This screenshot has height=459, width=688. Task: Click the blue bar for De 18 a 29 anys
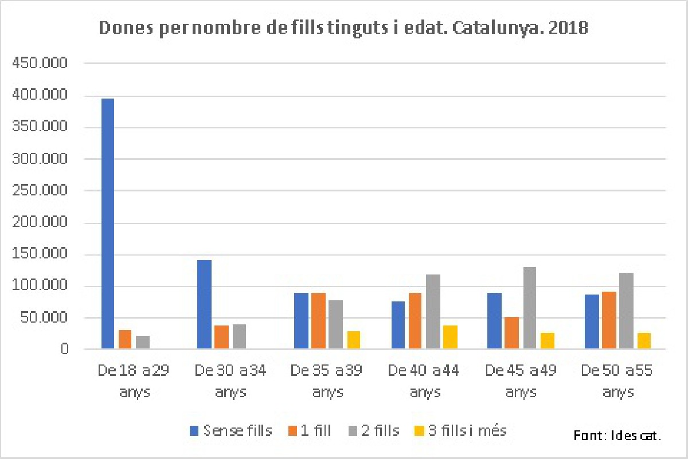(x=107, y=223)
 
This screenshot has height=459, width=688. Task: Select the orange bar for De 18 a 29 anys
(x=125, y=339)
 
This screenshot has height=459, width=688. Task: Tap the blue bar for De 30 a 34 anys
(x=204, y=304)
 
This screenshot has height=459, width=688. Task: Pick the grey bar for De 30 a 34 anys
(x=239, y=336)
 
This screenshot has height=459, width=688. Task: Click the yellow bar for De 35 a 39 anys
(x=353, y=340)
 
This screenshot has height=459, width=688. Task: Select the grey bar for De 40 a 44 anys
(x=433, y=312)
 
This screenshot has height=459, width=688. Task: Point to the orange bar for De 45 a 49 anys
(x=512, y=332)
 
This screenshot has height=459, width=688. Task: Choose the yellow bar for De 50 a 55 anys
(x=643, y=340)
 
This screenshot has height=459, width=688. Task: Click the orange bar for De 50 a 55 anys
(x=609, y=320)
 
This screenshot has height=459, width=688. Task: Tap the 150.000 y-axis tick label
(x=40, y=254)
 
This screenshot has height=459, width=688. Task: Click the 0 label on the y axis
(x=64, y=349)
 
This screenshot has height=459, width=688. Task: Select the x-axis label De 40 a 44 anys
(x=424, y=381)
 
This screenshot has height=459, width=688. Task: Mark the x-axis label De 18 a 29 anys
(x=132, y=381)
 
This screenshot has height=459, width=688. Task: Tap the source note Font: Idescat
(x=617, y=436)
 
